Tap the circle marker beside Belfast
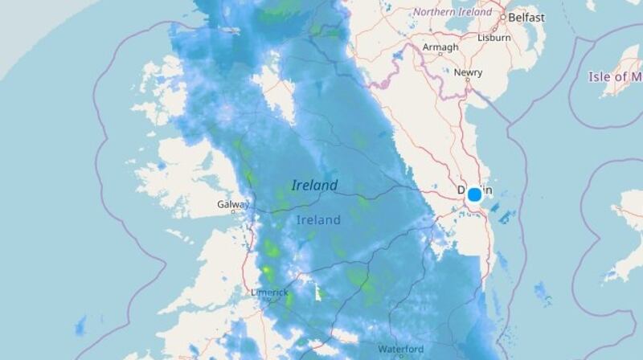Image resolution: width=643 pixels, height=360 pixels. click(504, 17)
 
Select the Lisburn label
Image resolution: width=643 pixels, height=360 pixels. click(494, 37)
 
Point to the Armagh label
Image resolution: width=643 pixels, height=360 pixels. click(440, 47)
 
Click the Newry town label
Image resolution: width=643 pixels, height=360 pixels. click(468, 72)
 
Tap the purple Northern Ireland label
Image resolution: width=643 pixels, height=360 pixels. click(452, 12)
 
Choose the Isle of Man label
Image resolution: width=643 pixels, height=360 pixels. click(615, 77)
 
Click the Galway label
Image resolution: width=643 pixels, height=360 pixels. click(232, 204)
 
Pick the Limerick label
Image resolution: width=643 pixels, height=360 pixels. click(269, 292)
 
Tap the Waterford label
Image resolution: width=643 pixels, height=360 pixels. click(401, 350)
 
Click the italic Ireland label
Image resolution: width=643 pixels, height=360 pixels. click(314, 186)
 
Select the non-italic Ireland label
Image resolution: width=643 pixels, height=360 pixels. click(318, 219)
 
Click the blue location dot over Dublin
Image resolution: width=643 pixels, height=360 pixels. click(474, 194)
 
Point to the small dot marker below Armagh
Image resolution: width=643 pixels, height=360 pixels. click(440, 56)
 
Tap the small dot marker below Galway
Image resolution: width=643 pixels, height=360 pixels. click(233, 212)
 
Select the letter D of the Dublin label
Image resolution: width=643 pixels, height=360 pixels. click(461, 191)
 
